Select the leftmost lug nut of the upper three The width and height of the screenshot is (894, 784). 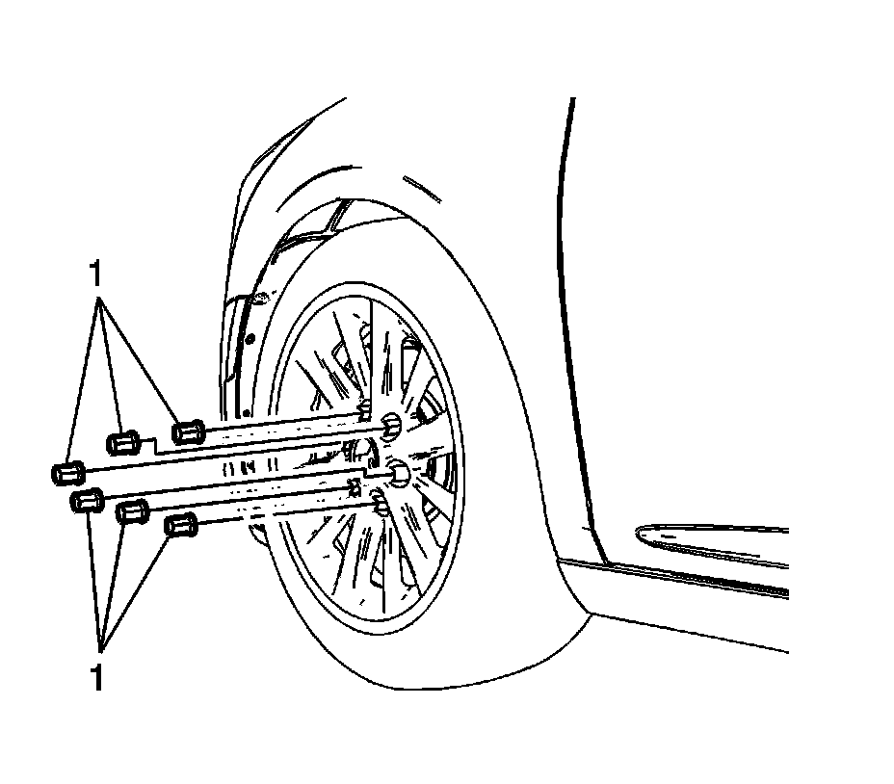point(66,473)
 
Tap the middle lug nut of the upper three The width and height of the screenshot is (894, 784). point(121,443)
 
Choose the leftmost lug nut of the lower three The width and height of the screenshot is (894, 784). point(87,501)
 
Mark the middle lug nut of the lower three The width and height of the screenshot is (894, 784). point(131,511)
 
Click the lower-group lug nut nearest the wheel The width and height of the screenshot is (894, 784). point(180,526)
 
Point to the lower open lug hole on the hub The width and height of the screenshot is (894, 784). point(399,472)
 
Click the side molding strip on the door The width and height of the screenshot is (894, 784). point(713,539)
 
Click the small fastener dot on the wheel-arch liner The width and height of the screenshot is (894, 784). point(249,338)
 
